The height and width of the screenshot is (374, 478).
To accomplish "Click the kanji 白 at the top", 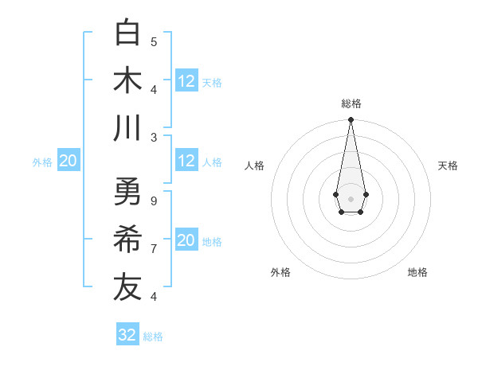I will tap(127, 33).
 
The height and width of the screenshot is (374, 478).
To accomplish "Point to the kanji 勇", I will tap(127, 191).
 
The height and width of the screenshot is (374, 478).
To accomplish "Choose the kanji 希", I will tap(127, 239).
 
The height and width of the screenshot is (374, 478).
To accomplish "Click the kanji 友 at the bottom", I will tap(127, 286).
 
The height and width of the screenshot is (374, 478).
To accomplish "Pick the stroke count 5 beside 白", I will tap(154, 41).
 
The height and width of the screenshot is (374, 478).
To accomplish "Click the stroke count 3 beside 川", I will tap(154, 137).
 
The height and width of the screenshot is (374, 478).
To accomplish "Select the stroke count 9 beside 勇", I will tap(154, 201).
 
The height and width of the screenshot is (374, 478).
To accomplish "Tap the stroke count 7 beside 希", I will tap(154, 248).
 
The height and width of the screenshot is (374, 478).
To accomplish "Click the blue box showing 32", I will tap(127, 335).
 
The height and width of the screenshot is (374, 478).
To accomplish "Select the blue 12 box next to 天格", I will tap(186, 81).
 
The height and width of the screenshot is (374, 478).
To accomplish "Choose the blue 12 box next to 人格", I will tap(186, 161).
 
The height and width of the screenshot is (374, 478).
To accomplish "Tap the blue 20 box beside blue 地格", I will tap(186, 241).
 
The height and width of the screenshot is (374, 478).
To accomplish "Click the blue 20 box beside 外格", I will tap(68, 162).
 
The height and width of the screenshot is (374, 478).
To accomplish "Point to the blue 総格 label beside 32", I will tap(153, 337).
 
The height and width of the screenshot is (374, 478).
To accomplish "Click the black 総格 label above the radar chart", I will tap(351, 103).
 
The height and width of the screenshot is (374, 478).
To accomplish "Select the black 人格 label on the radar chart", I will tap(255, 166).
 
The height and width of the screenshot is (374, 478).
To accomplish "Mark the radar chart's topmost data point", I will tap(351, 120).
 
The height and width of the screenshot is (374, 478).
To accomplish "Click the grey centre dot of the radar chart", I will tap(351, 197).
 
